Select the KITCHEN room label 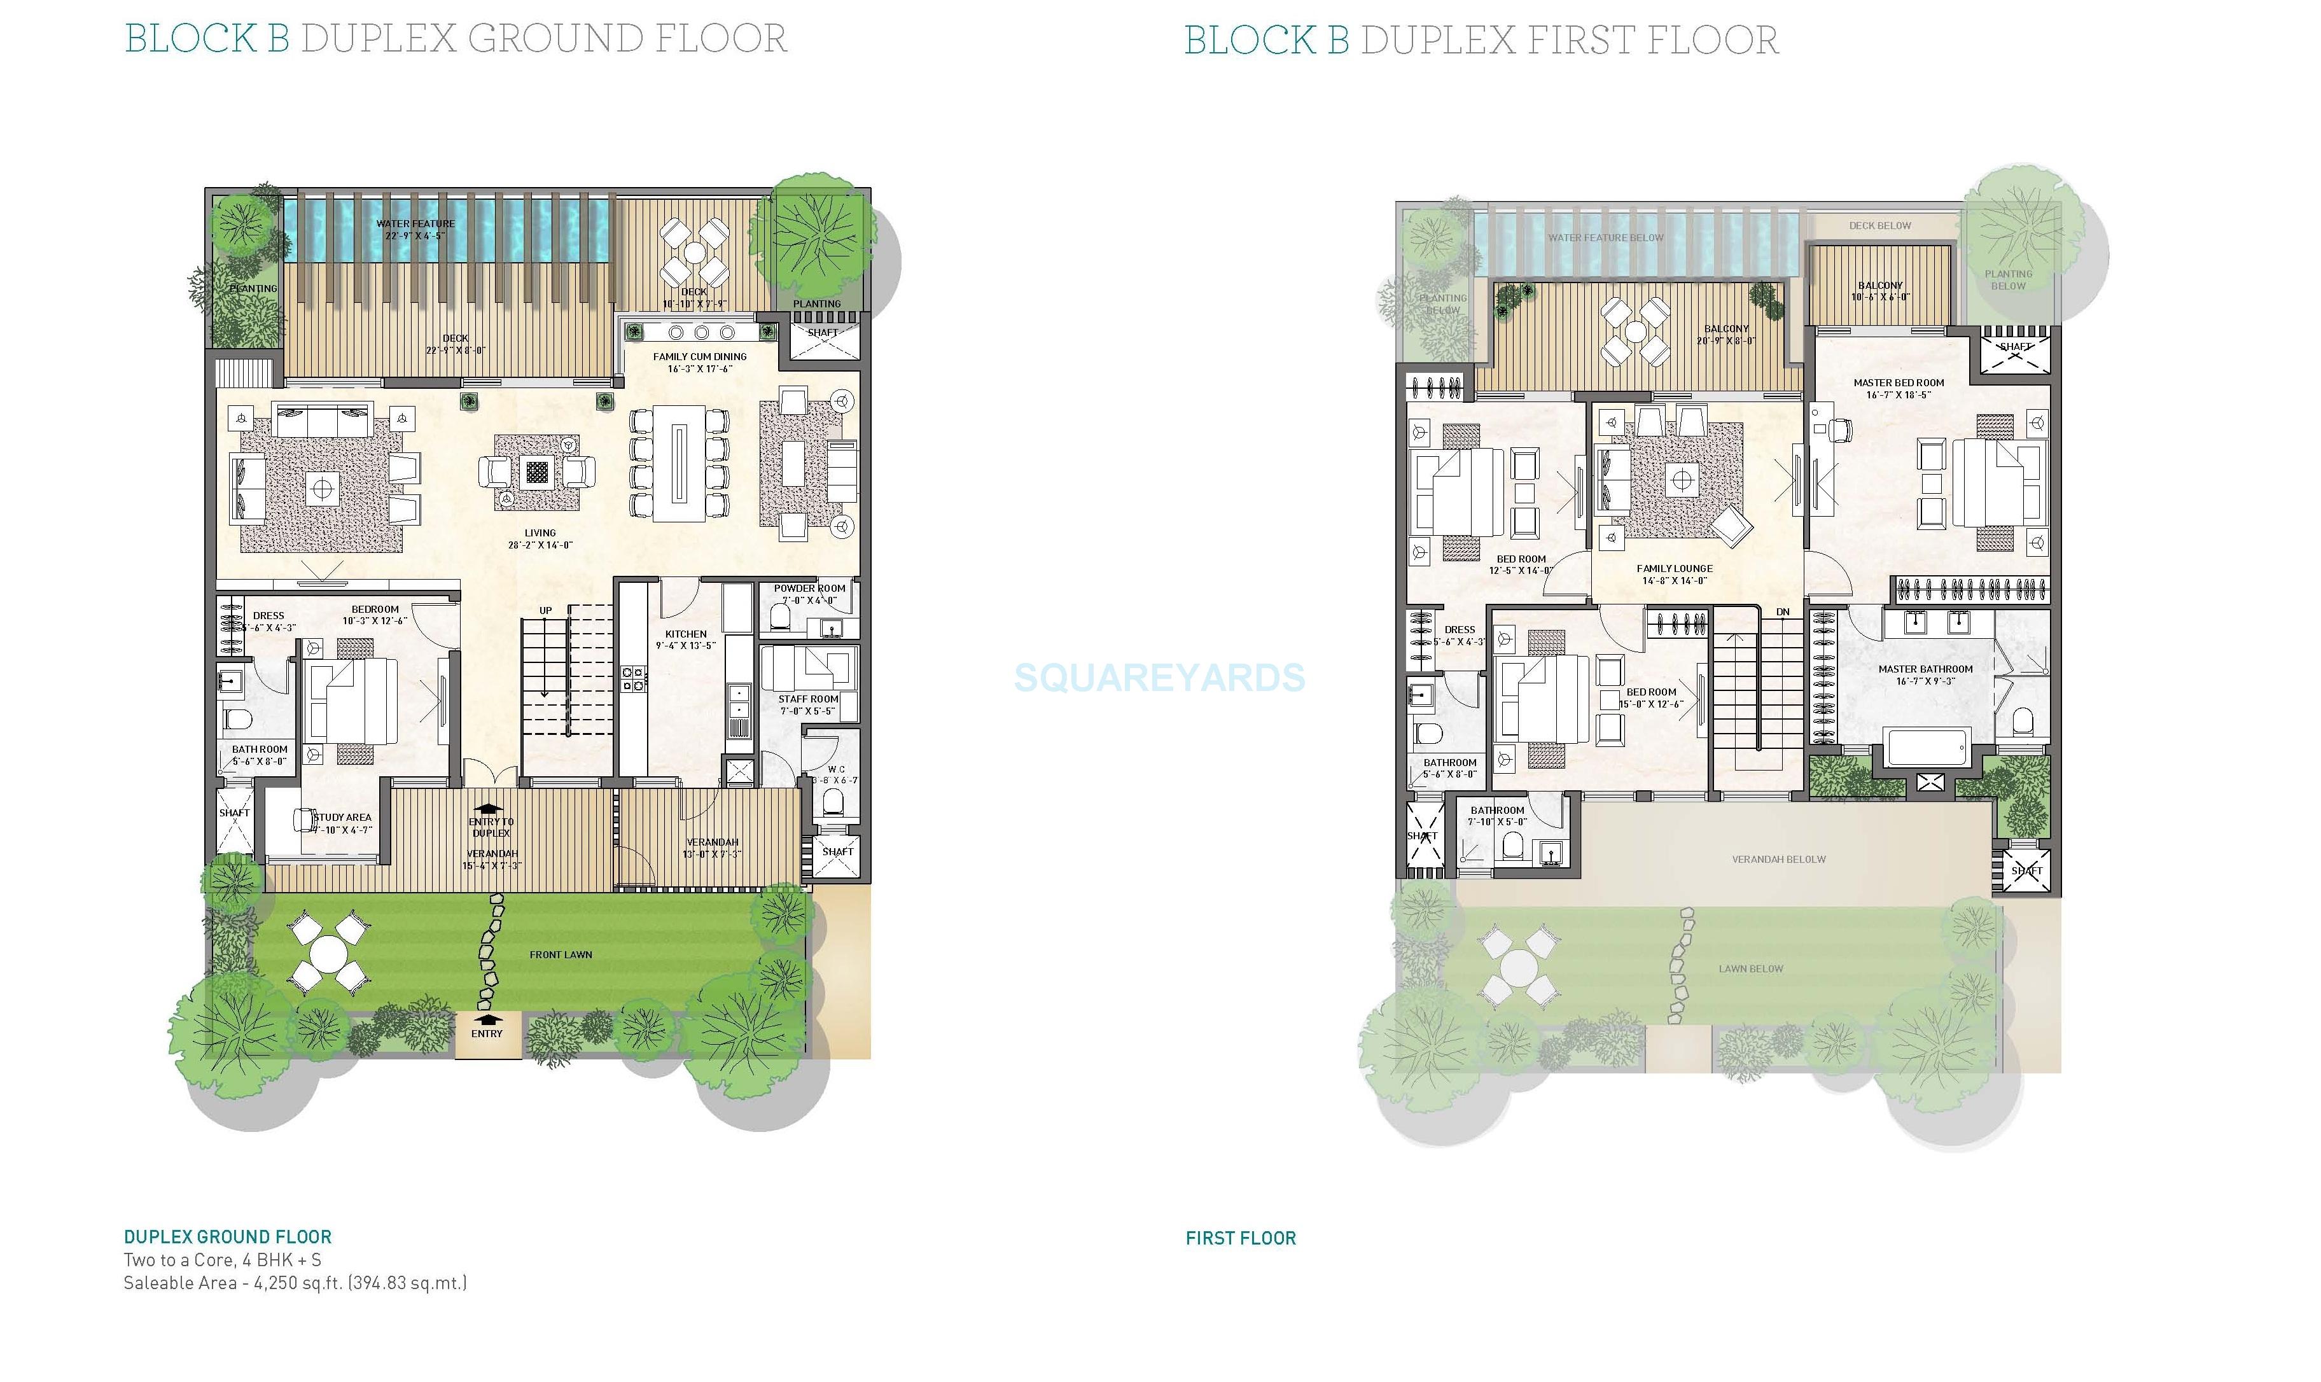(685, 634)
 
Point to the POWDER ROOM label (809, 589)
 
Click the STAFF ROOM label (808, 699)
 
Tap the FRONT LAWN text (561, 954)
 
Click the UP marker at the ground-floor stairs (545, 611)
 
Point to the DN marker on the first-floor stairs (1782, 612)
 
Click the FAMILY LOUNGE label (1674, 569)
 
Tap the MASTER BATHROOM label (1925, 669)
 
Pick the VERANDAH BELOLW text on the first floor (1778, 860)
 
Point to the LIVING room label (540, 534)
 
